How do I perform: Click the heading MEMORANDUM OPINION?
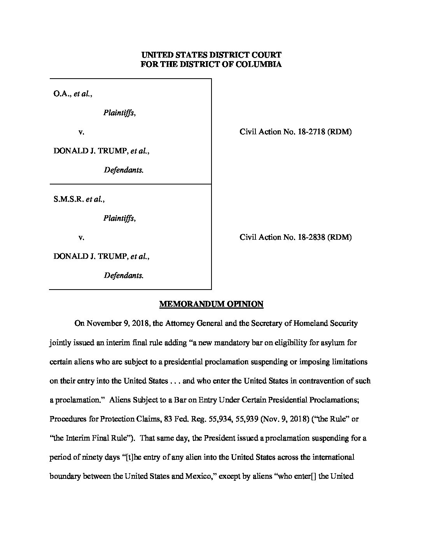click(x=211, y=304)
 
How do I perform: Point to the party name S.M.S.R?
click(x=68, y=199)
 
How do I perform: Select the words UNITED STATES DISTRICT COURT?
click(x=211, y=55)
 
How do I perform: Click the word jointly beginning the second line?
click(x=59, y=343)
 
